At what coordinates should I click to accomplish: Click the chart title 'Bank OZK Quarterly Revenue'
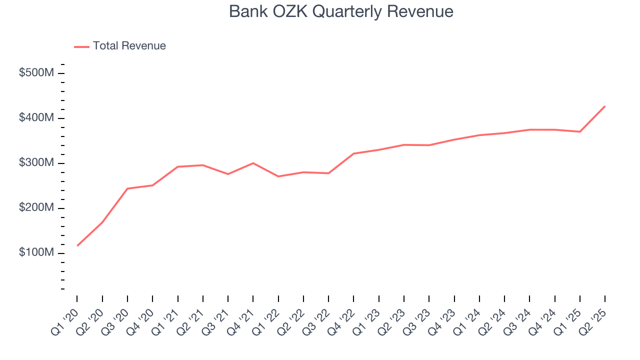pyautogui.click(x=341, y=11)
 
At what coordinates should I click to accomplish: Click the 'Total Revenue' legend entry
pyautogui.click(x=129, y=46)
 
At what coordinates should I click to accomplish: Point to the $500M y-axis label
pyautogui.click(x=36, y=73)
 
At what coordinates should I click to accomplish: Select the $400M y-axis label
pyautogui.click(x=36, y=118)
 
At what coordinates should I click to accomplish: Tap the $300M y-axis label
pyautogui.click(x=36, y=163)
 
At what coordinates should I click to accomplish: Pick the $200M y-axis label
pyautogui.click(x=36, y=208)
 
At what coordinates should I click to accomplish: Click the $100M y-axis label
pyautogui.click(x=36, y=253)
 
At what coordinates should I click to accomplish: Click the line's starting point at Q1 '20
pyautogui.click(x=77, y=245)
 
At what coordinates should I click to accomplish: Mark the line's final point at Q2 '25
pyautogui.click(x=605, y=106)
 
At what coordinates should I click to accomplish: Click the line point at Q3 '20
pyautogui.click(x=127, y=188)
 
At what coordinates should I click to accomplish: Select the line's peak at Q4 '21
pyautogui.click(x=253, y=163)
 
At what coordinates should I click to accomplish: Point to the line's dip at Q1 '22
pyautogui.click(x=278, y=176)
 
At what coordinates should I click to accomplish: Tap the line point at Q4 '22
pyautogui.click(x=353, y=153)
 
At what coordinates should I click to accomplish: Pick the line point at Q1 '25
pyautogui.click(x=580, y=131)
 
